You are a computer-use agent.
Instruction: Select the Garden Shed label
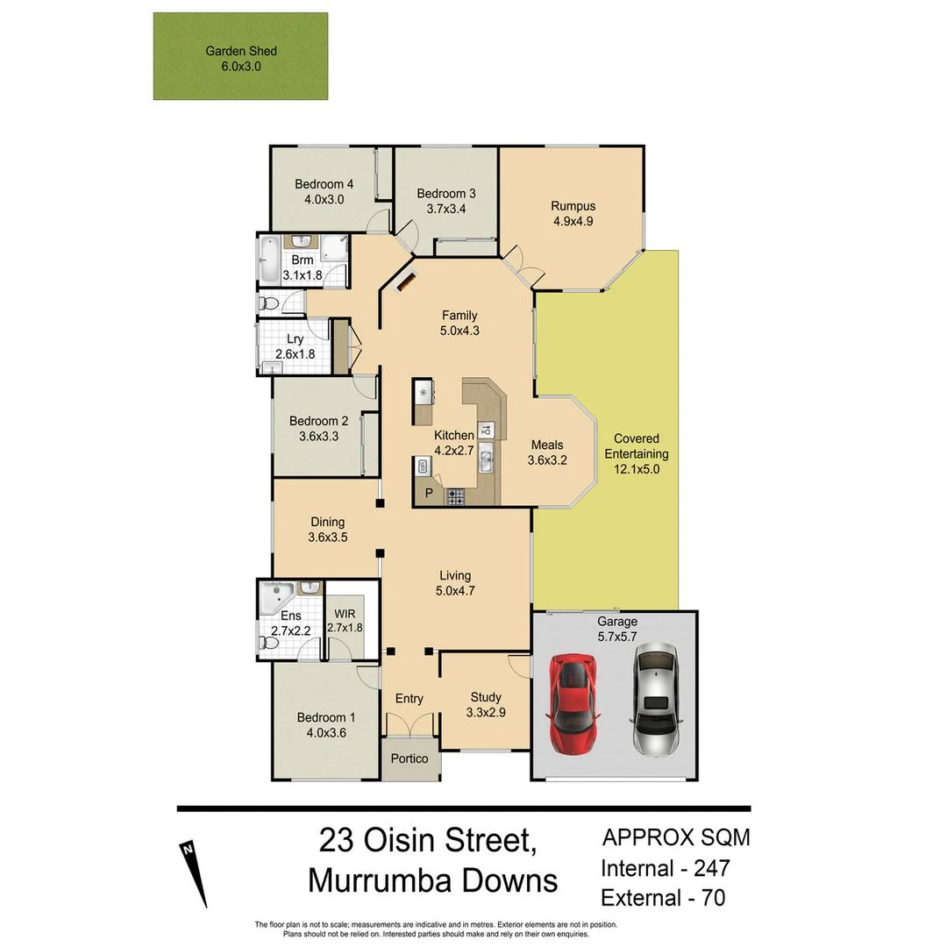240,51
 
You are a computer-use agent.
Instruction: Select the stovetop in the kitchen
456,496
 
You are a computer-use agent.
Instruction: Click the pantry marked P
429,493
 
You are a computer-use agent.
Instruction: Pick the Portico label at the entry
410,758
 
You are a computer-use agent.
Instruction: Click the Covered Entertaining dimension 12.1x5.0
637,469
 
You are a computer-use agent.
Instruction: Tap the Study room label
485,698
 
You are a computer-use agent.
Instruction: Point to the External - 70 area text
663,898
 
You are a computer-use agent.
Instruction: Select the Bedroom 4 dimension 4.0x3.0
324,199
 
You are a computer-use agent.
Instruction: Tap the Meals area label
546,445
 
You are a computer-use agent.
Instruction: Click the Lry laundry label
295,339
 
